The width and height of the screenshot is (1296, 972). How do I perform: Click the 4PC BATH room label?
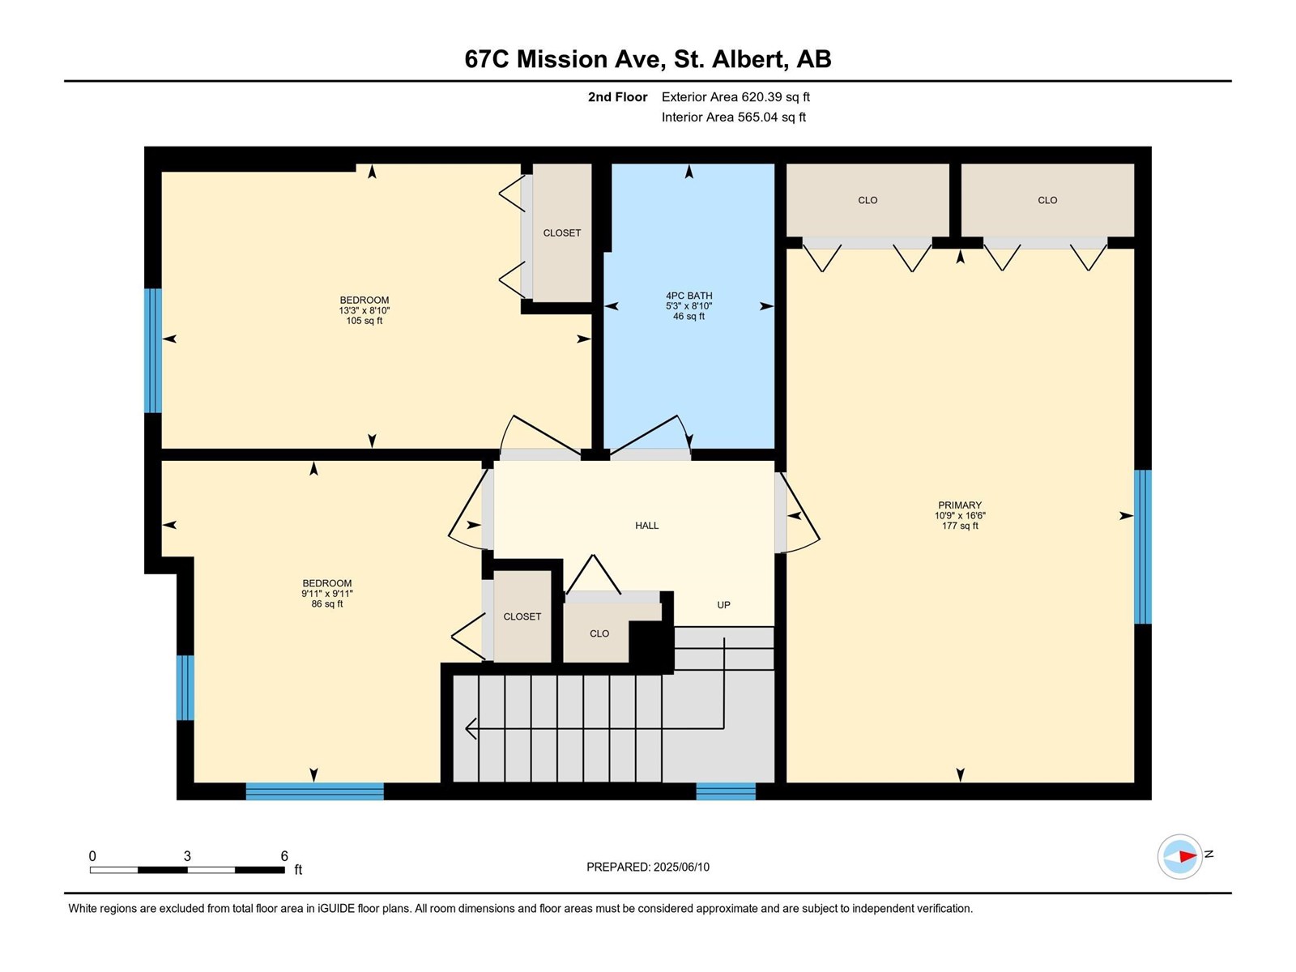[689, 296]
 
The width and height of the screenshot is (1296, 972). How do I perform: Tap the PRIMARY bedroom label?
[960, 505]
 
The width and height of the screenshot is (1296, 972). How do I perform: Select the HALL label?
[646, 525]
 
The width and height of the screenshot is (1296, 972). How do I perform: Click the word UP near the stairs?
[723, 605]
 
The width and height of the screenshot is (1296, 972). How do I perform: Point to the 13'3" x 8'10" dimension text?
[364, 310]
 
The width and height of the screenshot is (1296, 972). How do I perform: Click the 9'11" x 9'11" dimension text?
[327, 594]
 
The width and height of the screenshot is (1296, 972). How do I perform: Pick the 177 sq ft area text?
[960, 526]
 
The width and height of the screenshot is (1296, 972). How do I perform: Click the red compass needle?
[1187, 856]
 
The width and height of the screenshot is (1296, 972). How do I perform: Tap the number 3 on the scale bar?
[187, 856]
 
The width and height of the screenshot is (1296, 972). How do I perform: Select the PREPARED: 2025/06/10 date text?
[648, 867]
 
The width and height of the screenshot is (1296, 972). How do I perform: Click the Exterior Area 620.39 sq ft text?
[735, 96]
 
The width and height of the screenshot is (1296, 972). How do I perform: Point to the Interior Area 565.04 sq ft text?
[733, 117]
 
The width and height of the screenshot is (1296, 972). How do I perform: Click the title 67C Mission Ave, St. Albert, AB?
[648, 59]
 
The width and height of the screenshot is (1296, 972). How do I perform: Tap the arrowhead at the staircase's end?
[471, 728]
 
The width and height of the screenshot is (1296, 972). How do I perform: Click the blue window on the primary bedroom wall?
[1142, 547]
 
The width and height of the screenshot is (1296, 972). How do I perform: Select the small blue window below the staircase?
[726, 791]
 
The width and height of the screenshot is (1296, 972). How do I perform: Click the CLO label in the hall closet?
[599, 634]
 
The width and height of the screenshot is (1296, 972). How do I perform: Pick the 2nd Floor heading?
[617, 96]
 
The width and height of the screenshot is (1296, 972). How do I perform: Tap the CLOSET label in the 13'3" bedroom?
[561, 233]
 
